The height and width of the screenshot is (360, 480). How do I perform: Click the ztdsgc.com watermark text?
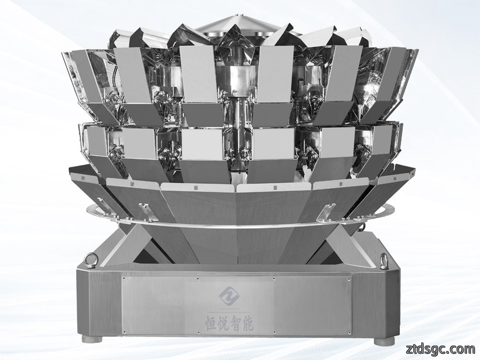click(440, 348)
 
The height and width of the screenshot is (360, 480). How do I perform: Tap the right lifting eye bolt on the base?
click(384, 259)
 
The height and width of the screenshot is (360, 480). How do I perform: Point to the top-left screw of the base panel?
click(124, 279)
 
